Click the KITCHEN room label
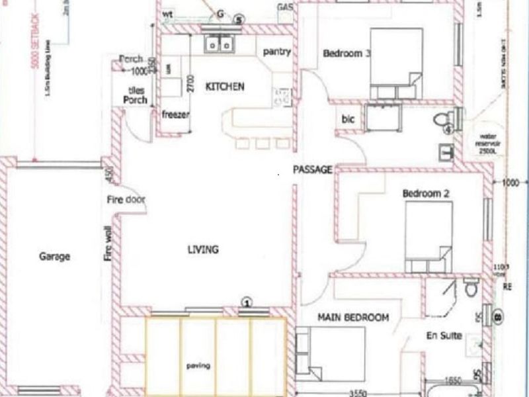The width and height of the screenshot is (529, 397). (x=225, y=87)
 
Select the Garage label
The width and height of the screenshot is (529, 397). (x=54, y=257)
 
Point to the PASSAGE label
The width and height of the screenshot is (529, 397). (x=313, y=169)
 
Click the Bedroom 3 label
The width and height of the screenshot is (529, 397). (x=346, y=54)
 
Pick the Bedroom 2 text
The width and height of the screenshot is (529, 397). (x=426, y=194)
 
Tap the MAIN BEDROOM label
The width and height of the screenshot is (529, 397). (x=353, y=318)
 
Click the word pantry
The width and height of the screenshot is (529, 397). (x=276, y=52)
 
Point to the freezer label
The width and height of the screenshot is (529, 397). (x=176, y=114)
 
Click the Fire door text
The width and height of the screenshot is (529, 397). (x=126, y=200)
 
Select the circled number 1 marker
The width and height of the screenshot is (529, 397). (x=246, y=302)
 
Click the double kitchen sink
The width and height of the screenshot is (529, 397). (x=220, y=44)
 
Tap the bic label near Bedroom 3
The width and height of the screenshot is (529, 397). (x=348, y=120)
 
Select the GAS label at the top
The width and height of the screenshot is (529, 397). (x=285, y=7)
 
